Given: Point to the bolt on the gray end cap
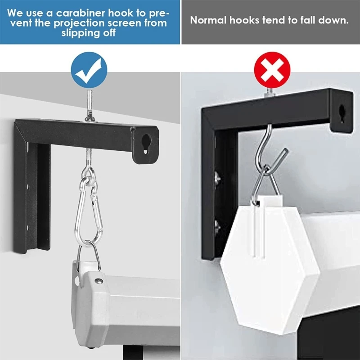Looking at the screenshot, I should pos(98,281).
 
